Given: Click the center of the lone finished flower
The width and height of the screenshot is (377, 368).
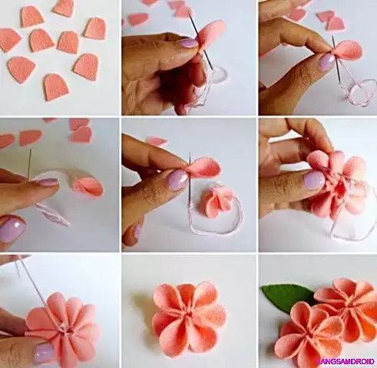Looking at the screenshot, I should (x=188, y=316).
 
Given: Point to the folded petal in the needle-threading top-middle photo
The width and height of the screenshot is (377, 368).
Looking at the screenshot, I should (x=210, y=34).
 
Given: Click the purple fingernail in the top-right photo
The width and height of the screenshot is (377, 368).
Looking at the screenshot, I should (x=326, y=61).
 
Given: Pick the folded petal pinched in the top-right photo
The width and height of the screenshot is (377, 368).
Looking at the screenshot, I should (x=348, y=51).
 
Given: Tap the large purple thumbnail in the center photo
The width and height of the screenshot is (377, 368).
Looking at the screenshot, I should (x=177, y=179).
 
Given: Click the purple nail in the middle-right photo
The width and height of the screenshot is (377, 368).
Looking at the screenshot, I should (x=313, y=180).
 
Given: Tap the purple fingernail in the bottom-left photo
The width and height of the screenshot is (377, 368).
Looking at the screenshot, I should (x=45, y=351).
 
